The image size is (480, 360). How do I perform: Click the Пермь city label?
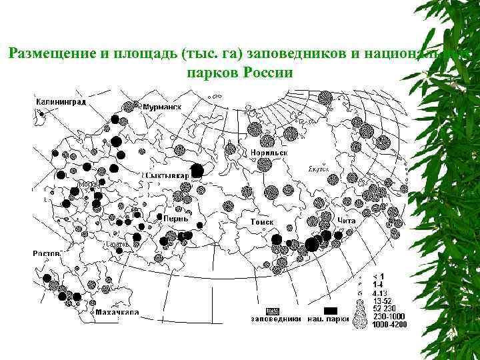pos(177,218)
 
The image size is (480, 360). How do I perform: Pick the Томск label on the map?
pos(262,220)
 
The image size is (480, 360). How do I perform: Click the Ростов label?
pos(47,253)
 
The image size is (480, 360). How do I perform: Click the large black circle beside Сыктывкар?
pos(197,170)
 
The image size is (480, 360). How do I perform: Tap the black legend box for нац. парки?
pos(331,311)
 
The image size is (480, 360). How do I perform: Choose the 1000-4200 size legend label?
pos(388,324)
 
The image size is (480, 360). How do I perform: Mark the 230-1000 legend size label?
pos(387,316)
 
